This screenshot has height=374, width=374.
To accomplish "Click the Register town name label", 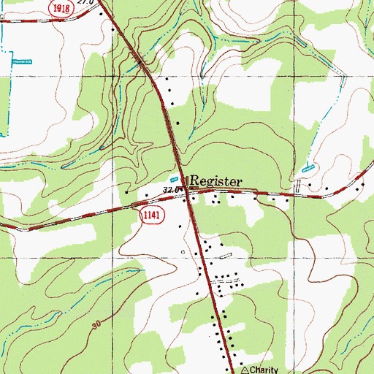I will [216, 180].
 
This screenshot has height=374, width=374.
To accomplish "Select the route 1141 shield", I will [148, 215].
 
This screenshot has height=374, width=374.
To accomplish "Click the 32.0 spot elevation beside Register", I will [171, 189].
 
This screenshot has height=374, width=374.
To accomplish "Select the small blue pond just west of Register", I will [174, 178].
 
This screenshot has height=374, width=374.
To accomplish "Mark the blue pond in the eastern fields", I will [308, 168].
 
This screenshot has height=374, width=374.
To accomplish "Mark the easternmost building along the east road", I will [357, 189].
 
